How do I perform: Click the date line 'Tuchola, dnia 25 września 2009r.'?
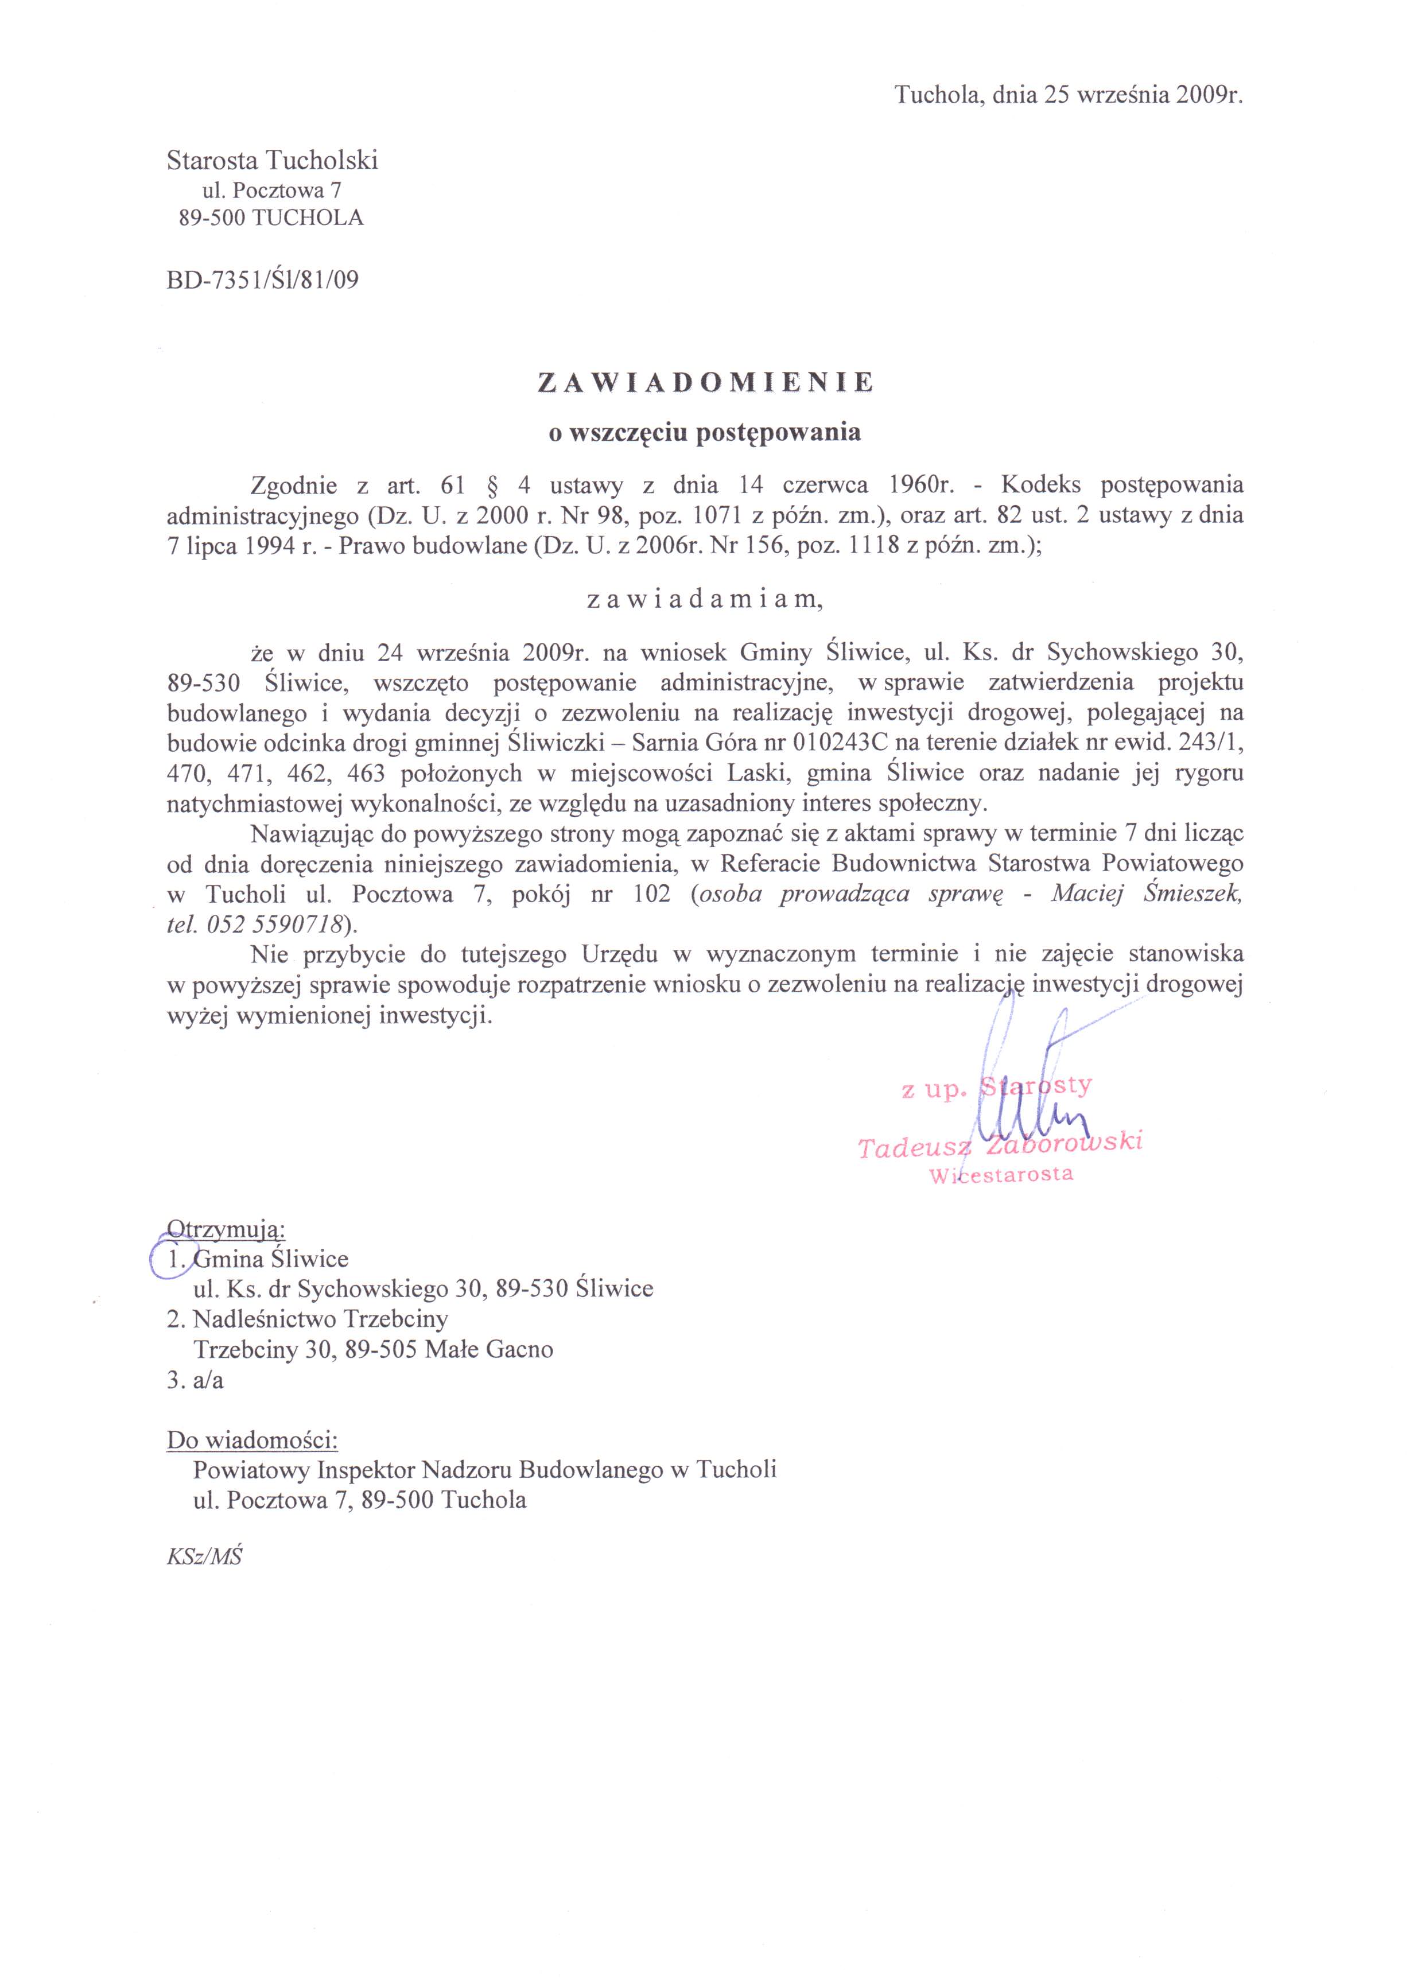click(1069, 96)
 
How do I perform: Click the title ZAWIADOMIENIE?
click(705, 382)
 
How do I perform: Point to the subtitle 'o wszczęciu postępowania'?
click(704, 433)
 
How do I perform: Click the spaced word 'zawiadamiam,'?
click(704, 600)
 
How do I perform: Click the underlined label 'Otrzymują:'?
click(226, 1229)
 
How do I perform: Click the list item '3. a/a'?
click(195, 1381)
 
